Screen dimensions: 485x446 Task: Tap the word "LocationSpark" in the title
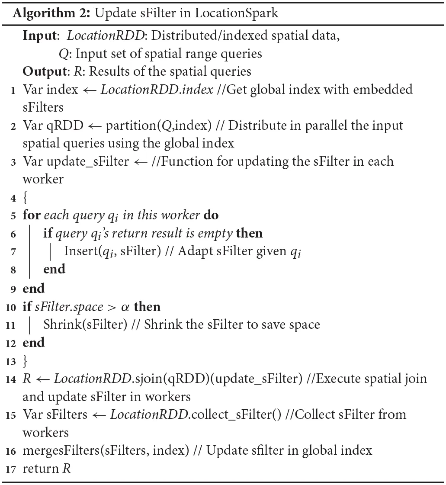237,13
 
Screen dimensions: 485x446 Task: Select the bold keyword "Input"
40,36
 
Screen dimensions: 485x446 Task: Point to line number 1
14,90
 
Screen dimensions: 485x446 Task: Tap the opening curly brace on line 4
25,198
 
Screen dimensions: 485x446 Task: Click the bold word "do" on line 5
211,215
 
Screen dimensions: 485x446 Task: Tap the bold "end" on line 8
54,270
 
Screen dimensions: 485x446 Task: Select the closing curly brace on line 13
25,360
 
